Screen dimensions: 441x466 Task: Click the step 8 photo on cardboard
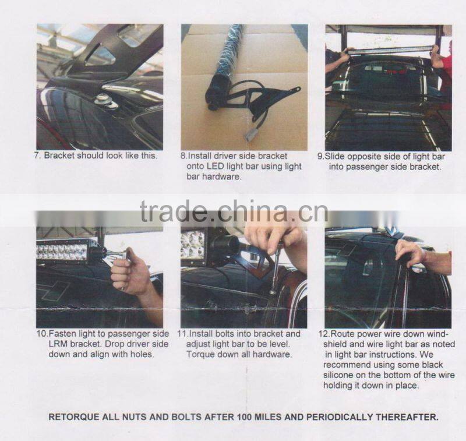pyautogui.click(x=243, y=87)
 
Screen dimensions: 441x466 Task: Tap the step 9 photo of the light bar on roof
pyautogui.click(x=388, y=87)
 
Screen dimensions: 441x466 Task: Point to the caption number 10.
pyautogui.click(x=41, y=334)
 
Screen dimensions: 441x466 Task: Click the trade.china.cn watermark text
pyautogui.click(x=234, y=211)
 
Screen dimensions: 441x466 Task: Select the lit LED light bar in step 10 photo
pyautogui.click(x=62, y=251)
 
